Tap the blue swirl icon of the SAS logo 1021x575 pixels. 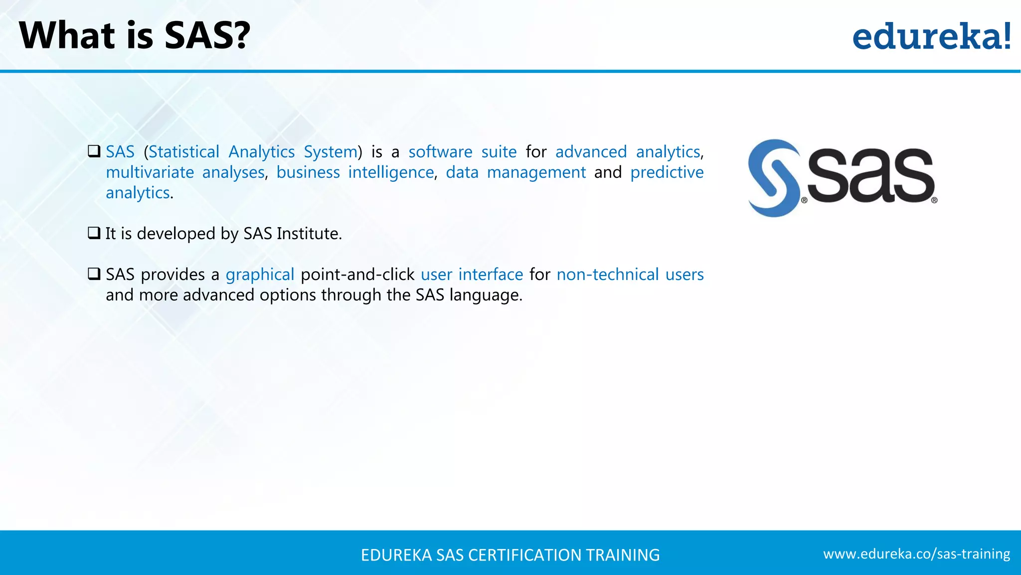tap(773, 178)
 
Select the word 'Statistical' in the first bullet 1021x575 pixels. tap(184, 152)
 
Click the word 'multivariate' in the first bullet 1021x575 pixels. tap(150, 172)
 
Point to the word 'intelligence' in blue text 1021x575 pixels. tap(391, 172)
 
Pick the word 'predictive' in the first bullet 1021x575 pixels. tap(667, 172)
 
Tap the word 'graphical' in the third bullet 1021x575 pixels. tap(260, 275)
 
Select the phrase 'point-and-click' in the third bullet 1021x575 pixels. tap(357, 275)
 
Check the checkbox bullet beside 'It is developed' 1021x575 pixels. tap(94, 233)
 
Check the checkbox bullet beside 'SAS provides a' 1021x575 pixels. tap(94, 274)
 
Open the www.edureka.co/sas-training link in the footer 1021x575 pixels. tap(916, 554)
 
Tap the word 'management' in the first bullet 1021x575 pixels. tap(536, 172)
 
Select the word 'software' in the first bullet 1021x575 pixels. tap(440, 152)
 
